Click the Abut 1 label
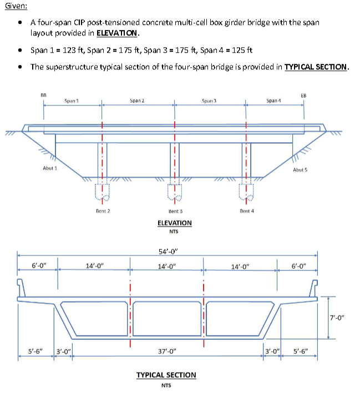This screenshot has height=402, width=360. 50,168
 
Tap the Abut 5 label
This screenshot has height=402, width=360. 300,170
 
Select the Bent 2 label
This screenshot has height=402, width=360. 103,211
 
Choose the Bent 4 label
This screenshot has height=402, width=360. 247,211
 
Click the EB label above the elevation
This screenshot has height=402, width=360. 303,95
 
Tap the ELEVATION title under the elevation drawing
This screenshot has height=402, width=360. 175,223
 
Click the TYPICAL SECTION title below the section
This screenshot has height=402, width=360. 166,375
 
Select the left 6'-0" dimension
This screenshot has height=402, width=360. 38,265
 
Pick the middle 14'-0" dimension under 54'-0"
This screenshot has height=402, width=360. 167,265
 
